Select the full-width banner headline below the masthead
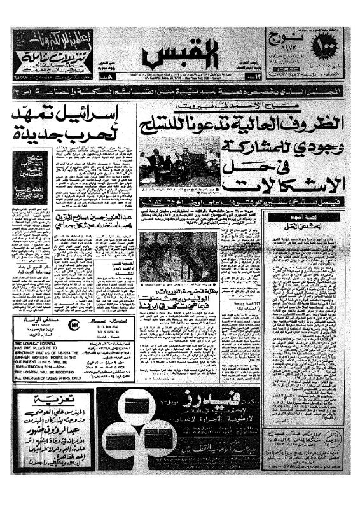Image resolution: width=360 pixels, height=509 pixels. pyautogui.click(x=179, y=92)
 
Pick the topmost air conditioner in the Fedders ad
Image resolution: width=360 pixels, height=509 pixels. pyautogui.click(x=140, y=410)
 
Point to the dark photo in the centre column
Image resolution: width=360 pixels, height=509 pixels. pyautogui.click(x=179, y=254)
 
